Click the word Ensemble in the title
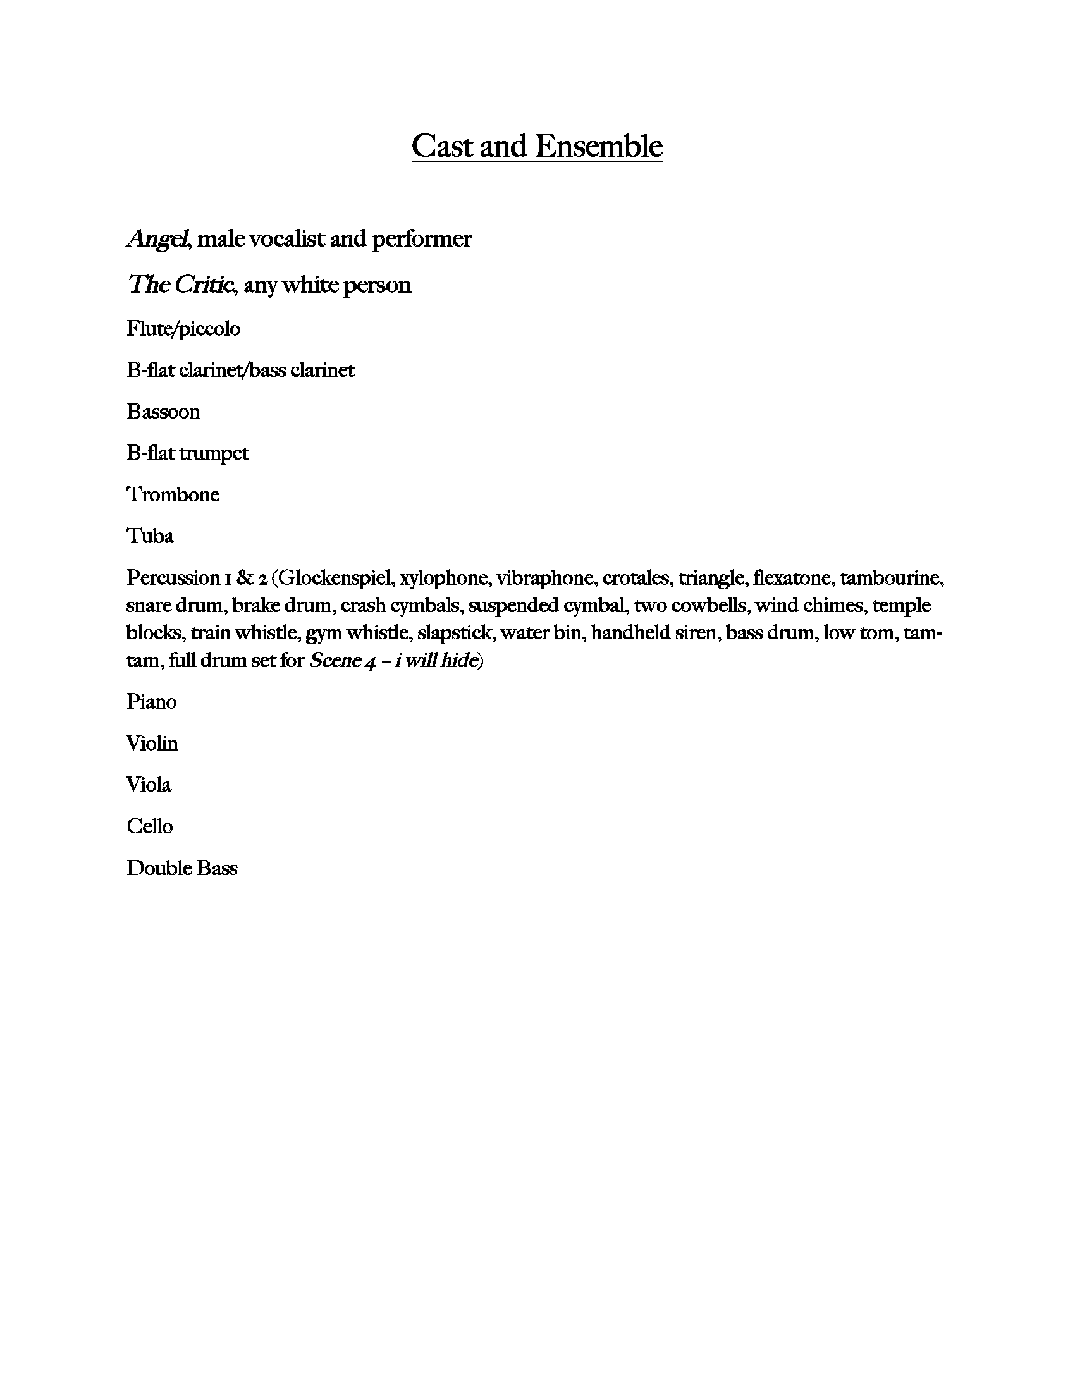pyautogui.click(x=599, y=146)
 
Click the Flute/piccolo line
pyautogui.click(x=183, y=329)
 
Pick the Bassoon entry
pyautogui.click(x=163, y=412)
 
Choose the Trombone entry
pyautogui.click(x=173, y=494)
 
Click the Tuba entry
pyautogui.click(x=150, y=536)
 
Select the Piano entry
pyautogui.click(x=152, y=702)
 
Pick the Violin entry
pyautogui.click(x=152, y=744)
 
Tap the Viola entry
pyautogui.click(x=149, y=785)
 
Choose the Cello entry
pyautogui.click(x=150, y=826)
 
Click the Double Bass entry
pyautogui.click(x=181, y=868)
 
